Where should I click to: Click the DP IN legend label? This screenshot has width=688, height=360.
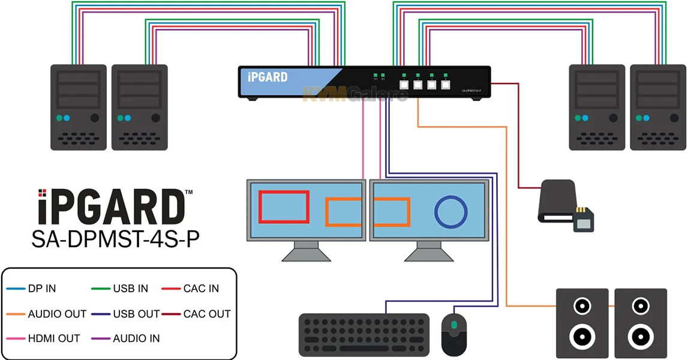tap(41, 289)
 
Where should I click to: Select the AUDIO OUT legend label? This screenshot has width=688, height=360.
tap(57, 314)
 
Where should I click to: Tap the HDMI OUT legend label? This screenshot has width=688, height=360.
tap(53, 338)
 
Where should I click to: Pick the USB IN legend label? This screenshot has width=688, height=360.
tap(130, 289)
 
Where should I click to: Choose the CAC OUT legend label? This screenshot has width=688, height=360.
tap(207, 314)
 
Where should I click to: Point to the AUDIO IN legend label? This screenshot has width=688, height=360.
tap(136, 338)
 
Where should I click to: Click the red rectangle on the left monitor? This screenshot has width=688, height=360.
tap(284, 206)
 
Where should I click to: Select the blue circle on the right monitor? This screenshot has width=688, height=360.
tap(450, 211)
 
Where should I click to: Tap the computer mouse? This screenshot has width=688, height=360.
tap(453, 334)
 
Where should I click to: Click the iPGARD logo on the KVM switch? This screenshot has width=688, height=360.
tap(268, 77)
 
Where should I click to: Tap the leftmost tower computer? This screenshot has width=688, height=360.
tap(78, 107)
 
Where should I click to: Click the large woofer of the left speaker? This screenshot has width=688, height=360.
tap(581, 335)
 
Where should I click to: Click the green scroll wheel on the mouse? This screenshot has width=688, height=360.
tap(454, 325)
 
